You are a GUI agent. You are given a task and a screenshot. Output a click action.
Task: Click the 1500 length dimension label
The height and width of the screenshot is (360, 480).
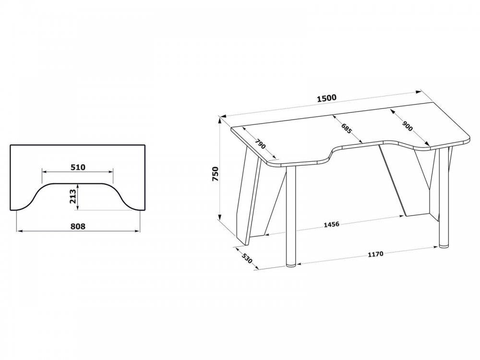click(x=326, y=98)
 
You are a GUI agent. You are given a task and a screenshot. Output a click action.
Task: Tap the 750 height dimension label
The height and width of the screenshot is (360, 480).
click(x=216, y=174)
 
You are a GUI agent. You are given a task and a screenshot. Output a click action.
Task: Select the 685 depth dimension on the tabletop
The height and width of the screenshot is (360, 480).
click(x=347, y=128)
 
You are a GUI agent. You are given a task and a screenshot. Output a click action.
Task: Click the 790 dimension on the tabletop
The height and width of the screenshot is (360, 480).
click(x=260, y=144)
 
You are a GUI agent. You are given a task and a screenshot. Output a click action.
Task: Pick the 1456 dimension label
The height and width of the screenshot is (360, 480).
click(x=332, y=224)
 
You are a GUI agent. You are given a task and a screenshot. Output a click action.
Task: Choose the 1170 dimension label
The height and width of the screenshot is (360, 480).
click(x=375, y=254)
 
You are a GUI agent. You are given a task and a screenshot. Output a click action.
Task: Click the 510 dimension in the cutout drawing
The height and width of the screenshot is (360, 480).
click(x=78, y=167)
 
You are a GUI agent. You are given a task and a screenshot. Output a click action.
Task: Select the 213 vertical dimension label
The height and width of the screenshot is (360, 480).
click(x=72, y=196)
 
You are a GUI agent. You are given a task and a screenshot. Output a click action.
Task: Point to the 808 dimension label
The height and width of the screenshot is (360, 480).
click(x=78, y=226)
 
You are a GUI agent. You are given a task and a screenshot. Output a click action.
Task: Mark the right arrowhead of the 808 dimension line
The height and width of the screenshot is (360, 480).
click(x=137, y=231)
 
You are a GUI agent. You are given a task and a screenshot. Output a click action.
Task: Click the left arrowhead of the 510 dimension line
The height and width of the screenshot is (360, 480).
click(x=45, y=172)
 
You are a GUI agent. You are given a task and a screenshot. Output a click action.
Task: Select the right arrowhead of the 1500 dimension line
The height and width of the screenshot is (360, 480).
click(x=418, y=92)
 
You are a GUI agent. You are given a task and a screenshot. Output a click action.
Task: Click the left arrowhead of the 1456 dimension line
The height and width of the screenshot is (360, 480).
click(x=267, y=235)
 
